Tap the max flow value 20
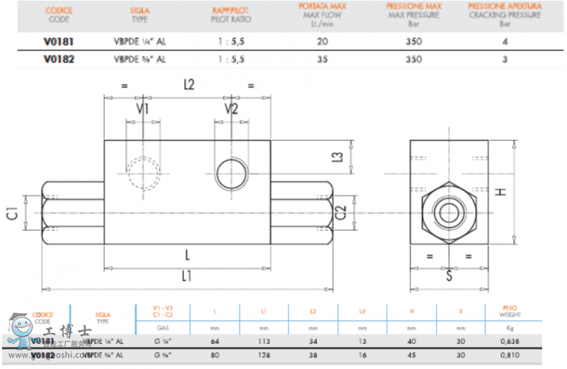(322, 41)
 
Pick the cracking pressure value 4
(505, 41)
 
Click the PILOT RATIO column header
(230, 14)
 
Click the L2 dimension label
(189, 85)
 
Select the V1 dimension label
(142, 109)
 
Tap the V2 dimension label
(231, 109)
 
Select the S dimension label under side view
(448, 275)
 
